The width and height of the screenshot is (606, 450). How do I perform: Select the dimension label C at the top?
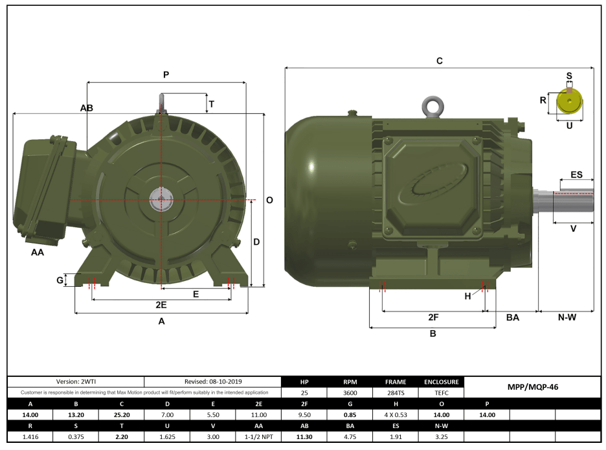(x=439, y=61)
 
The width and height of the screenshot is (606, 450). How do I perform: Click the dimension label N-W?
(x=567, y=317)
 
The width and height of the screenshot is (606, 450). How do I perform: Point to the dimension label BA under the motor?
(x=512, y=317)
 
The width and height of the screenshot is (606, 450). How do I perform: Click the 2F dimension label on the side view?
(x=434, y=317)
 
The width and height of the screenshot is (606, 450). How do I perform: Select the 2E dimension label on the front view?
(x=161, y=304)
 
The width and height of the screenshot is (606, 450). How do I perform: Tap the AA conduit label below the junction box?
(x=38, y=253)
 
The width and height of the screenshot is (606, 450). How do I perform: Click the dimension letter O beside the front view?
(x=269, y=200)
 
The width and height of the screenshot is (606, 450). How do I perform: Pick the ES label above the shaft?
(x=576, y=175)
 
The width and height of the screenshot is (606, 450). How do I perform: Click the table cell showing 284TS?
(x=395, y=393)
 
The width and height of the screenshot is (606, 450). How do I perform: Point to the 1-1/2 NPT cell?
(x=259, y=436)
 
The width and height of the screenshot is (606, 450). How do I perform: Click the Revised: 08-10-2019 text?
(x=213, y=382)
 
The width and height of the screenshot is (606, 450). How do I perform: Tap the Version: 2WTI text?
(x=76, y=382)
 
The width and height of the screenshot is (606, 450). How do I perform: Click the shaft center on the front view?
(x=160, y=200)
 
